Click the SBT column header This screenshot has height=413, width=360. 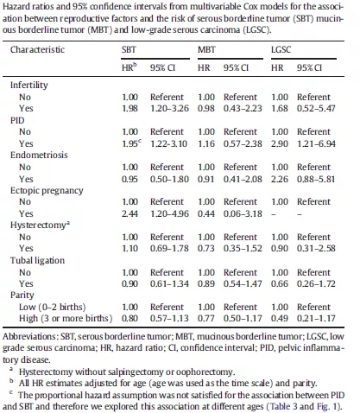coord(129,49)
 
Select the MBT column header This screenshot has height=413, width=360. coord(206,49)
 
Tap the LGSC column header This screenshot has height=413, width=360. coord(281,49)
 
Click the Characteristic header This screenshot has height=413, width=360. coord(37,49)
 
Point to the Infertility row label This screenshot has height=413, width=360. coord(29,85)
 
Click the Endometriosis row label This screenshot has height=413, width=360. coord(39,155)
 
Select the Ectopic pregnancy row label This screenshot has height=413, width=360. coord(47,191)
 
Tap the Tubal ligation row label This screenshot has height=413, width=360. coord(37,261)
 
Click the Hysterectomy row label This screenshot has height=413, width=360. coord(40,226)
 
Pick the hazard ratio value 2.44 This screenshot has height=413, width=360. coord(129,213)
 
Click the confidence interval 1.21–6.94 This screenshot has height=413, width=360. coord(316,143)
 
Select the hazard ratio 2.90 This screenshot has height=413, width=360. coord(280,143)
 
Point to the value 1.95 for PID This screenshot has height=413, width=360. coord(129,143)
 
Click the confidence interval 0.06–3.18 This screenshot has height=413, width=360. coord(243,213)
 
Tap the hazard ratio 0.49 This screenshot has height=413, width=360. coord(280,319)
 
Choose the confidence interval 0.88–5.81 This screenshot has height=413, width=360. coord(316,179)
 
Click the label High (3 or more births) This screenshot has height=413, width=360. coord(66,319)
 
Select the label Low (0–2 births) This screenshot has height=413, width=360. coord(53,307)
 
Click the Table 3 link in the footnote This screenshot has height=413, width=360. coord(283,406)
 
